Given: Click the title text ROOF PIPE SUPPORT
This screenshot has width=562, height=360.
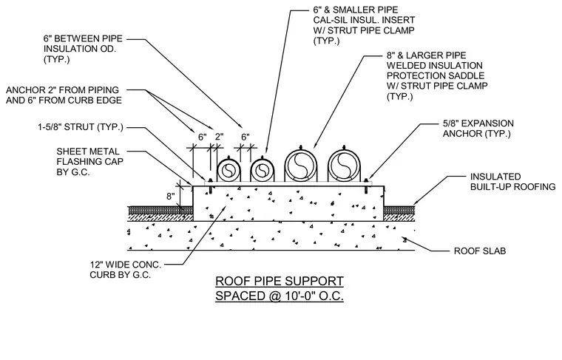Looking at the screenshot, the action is pos(280,281).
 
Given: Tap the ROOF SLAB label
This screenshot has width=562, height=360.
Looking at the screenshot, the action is pos(480,251).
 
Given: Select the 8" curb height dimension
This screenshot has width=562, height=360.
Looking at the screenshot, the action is pos(171,197).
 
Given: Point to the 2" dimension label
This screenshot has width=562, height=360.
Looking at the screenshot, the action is pos(219,137).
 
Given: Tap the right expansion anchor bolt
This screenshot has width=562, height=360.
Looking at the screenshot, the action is pos(366,186).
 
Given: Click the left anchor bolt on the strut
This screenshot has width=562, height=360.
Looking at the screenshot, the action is pos(211,186).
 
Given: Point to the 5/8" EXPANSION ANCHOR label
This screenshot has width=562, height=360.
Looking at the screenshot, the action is pos(478,129).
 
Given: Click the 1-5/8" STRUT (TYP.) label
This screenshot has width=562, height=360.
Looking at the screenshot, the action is pos(81,127).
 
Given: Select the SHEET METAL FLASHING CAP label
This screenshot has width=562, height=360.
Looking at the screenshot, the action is pos(90,162).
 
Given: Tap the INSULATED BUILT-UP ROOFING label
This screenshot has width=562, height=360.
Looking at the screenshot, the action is pos(513,182).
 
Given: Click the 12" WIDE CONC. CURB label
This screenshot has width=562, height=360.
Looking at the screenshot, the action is pos(126,270).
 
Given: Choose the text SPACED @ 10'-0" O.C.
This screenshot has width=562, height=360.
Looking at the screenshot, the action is pos(280,296).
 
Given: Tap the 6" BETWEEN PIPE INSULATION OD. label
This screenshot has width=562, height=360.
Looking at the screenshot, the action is pos(83,49).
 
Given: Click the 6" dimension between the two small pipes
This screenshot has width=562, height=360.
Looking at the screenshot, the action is pos(246,137).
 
